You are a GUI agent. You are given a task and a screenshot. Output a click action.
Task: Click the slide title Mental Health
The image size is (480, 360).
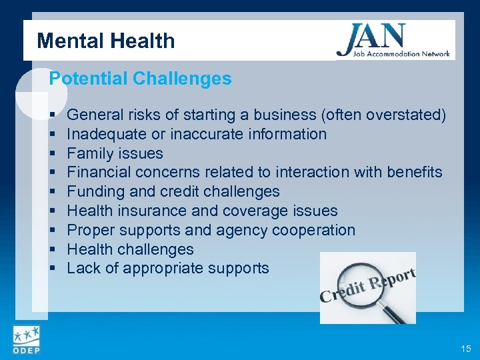tap(106, 41)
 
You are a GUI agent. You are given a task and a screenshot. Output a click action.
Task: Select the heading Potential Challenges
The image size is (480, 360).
tap(141, 79)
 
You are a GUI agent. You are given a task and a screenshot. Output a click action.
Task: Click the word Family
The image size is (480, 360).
tap(89, 153)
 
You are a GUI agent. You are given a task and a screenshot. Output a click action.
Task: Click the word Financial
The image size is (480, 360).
tap(99, 172)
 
